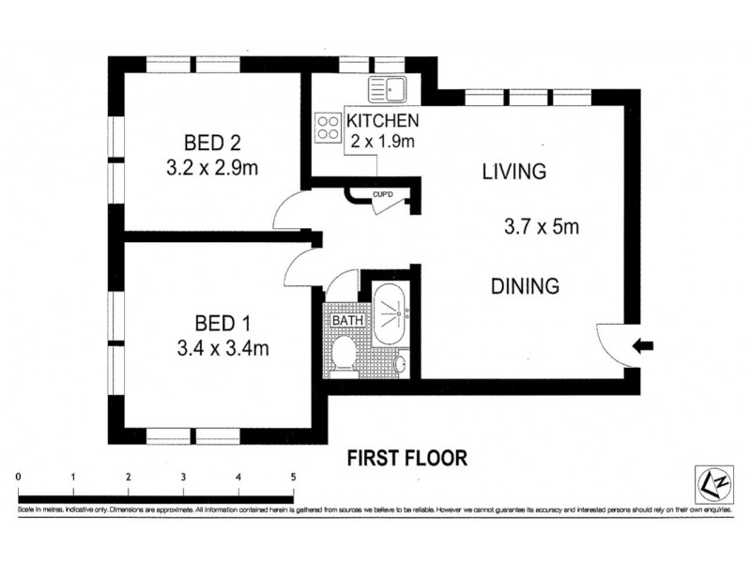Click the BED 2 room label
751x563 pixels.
(x=212, y=144)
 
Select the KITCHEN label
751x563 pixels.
(x=382, y=121)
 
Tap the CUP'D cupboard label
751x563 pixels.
(x=382, y=195)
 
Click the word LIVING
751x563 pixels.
(x=513, y=172)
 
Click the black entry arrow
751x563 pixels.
(x=643, y=346)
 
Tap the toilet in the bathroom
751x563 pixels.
(x=344, y=354)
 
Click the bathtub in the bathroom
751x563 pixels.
(x=389, y=311)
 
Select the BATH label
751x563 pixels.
(x=346, y=321)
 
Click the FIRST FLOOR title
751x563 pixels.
(x=407, y=458)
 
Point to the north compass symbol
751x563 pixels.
(x=711, y=482)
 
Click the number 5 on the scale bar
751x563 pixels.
(x=293, y=478)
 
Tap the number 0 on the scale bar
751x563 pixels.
(x=19, y=478)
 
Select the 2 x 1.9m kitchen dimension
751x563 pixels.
(x=381, y=142)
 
